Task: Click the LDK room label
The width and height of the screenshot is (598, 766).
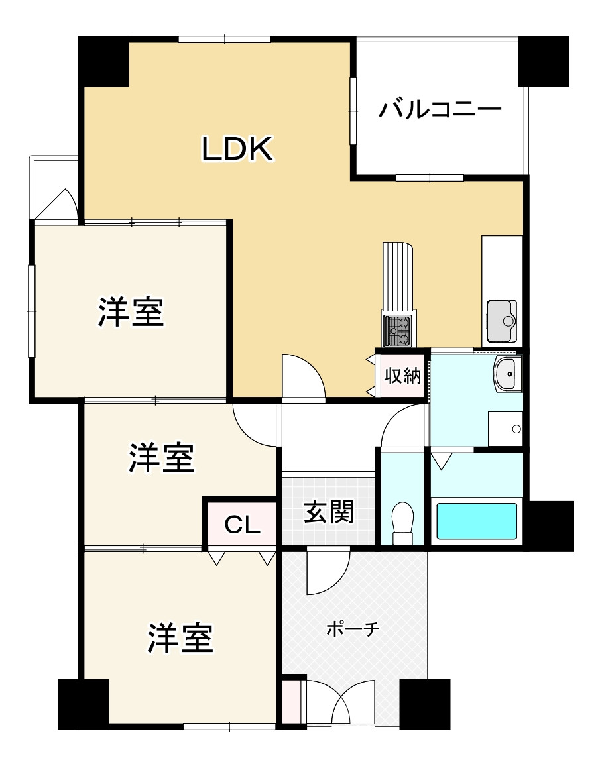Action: (x=237, y=150)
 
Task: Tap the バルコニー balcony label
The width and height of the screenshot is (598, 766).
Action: (x=440, y=109)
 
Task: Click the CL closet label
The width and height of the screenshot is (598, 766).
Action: (x=241, y=525)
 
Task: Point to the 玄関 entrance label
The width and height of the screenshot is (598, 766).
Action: (x=328, y=512)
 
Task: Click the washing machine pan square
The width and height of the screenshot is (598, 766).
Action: (x=505, y=429)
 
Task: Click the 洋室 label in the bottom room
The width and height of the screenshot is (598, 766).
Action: (x=180, y=637)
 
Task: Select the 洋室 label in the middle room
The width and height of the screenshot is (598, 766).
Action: (x=162, y=458)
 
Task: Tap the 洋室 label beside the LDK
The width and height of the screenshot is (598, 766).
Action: (x=131, y=312)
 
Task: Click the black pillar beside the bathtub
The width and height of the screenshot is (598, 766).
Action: (x=550, y=525)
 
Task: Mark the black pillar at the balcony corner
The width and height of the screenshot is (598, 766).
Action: (x=543, y=62)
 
